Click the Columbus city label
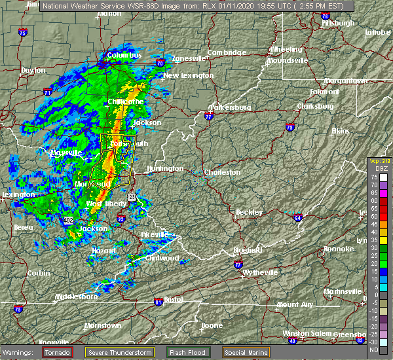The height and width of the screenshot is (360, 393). tap(124, 56)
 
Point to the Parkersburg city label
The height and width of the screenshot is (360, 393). tap(230, 107)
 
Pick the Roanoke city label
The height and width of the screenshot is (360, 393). tap(339, 249)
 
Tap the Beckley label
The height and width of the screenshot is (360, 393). tap(249, 212)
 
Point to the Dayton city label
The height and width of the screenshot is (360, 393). tap(33, 70)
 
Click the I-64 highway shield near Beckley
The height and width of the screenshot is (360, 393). tap(297, 217)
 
